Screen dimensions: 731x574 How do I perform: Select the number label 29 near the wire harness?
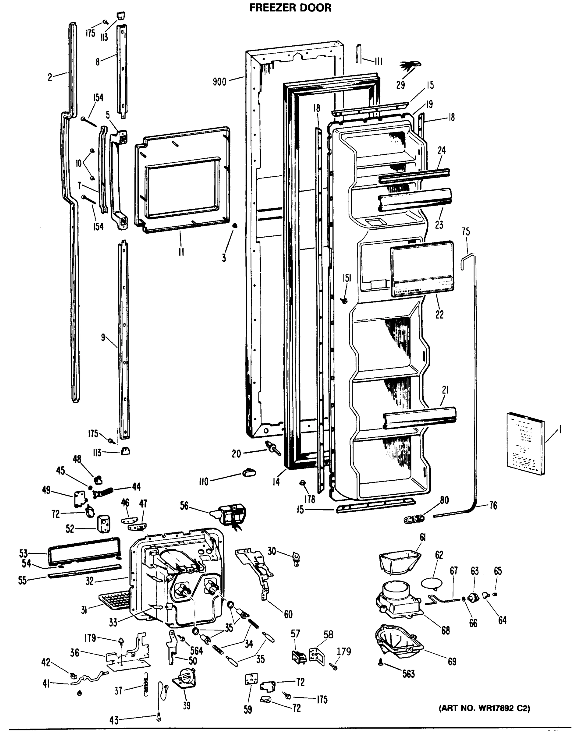(400, 85)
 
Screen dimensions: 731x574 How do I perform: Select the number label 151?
(347, 278)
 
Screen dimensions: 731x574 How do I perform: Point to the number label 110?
(204, 482)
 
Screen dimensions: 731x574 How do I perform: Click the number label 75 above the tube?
(466, 231)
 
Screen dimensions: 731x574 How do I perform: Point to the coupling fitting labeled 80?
(414, 519)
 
